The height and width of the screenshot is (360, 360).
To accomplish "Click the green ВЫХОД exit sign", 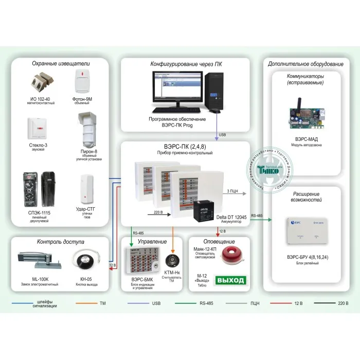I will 231,281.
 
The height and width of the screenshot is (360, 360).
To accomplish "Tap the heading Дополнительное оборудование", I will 305,64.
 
